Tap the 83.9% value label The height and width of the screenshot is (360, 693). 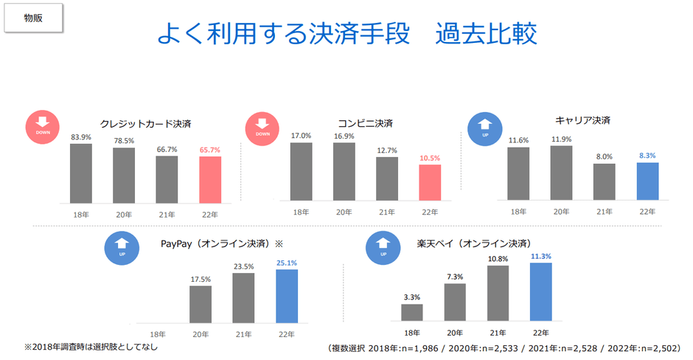click(x=81, y=137)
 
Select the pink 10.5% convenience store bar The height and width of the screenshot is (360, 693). click(x=429, y=181)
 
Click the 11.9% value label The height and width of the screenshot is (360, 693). click(x=562, y=138)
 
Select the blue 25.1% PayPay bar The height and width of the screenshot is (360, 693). click(x=286, y=296)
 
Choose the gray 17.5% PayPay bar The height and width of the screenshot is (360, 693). click(x=201, y=304)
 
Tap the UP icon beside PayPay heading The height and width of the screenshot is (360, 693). click(x=121, y=248)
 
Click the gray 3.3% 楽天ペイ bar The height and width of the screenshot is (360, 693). click(x=412, y=313)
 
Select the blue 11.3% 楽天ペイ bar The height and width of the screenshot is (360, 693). click(x=540, y=292)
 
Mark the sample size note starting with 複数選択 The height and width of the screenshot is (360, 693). click(x=505, y=347)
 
